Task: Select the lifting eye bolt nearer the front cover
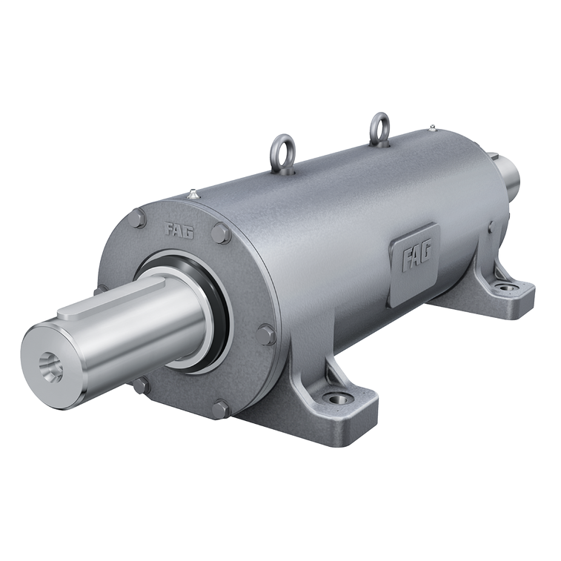coord(282,155)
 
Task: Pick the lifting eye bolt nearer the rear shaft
coord(379,130)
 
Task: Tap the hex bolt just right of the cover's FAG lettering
coord(220,233)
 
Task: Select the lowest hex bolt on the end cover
coord(221,409)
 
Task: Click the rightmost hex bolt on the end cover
coord(267,335)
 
